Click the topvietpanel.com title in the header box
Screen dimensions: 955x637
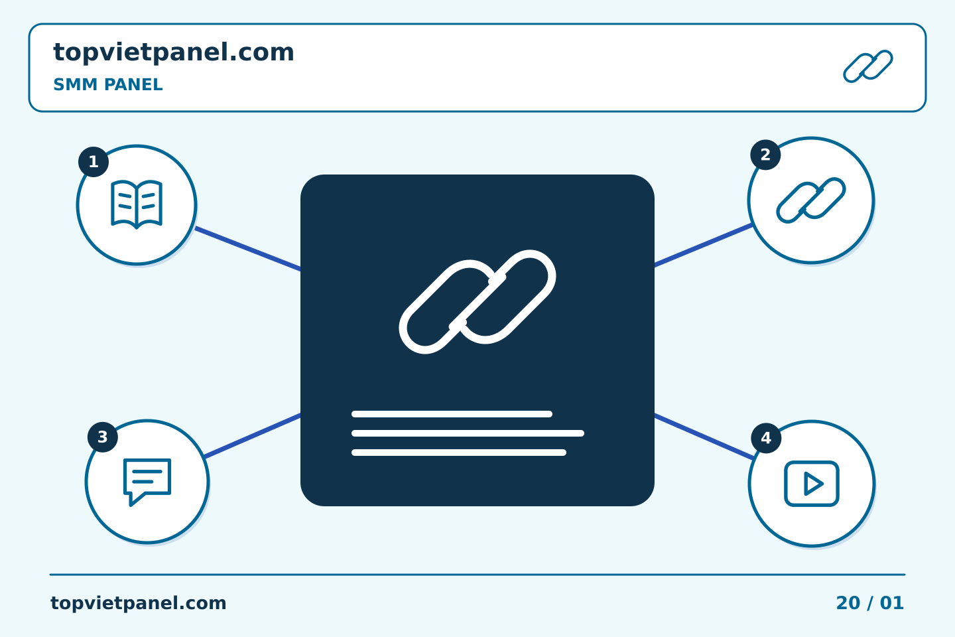point(174,53)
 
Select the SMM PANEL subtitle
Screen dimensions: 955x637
point(108,84)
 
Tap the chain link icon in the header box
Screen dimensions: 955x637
point(868,66)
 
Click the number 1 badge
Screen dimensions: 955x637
point(94,162)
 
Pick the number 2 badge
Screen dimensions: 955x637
point(765,155)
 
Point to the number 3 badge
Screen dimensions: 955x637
point(103,437)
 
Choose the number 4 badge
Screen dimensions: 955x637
point(766,438)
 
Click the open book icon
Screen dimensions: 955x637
point(137,204)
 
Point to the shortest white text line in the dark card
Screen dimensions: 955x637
point(452,414)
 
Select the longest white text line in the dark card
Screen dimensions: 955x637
point(468,433)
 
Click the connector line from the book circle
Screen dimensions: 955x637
point(248,249)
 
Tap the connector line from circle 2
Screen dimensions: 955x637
point(704,245)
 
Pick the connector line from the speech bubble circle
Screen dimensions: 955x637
point(253,436)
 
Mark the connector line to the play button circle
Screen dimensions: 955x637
point(704,437)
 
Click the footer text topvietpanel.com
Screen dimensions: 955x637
point(138,603)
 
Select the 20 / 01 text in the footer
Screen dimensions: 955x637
point(869,603)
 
